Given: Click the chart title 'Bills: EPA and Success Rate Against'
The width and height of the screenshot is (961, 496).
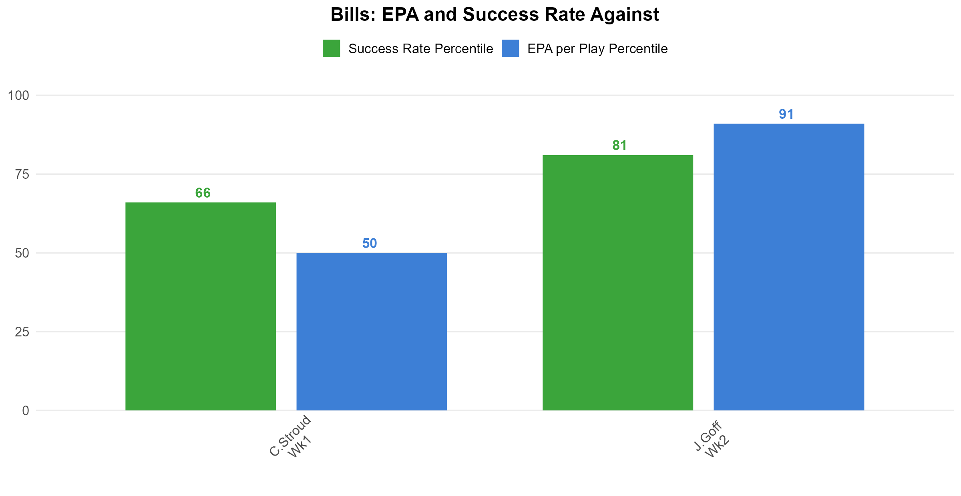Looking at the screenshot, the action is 495,15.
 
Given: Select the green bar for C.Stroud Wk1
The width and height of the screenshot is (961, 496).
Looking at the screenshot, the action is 201,306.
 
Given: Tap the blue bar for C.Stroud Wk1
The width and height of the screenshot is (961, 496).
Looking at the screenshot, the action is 372,332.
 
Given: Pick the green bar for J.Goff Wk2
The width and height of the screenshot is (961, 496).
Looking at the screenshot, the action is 618,283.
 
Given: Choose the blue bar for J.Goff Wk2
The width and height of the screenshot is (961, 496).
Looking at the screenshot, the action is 789,267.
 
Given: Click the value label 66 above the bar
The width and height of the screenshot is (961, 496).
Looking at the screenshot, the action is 203,193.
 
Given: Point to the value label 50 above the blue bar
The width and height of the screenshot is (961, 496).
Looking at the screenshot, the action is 370,244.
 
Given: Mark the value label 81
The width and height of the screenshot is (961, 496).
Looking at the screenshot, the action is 620,146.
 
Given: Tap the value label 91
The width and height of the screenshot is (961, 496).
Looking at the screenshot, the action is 786,114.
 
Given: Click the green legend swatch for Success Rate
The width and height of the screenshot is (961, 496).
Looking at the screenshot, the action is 332,48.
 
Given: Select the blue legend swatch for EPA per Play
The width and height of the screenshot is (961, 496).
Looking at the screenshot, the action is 511,48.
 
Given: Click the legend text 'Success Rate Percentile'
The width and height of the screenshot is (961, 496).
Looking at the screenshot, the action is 421,49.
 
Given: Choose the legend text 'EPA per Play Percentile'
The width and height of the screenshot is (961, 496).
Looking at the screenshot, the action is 597,49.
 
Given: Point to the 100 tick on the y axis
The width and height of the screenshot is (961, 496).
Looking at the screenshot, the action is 19,96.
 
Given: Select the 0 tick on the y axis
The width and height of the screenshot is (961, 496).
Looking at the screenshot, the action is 26,411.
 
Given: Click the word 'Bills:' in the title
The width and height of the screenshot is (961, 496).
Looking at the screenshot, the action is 354,15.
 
